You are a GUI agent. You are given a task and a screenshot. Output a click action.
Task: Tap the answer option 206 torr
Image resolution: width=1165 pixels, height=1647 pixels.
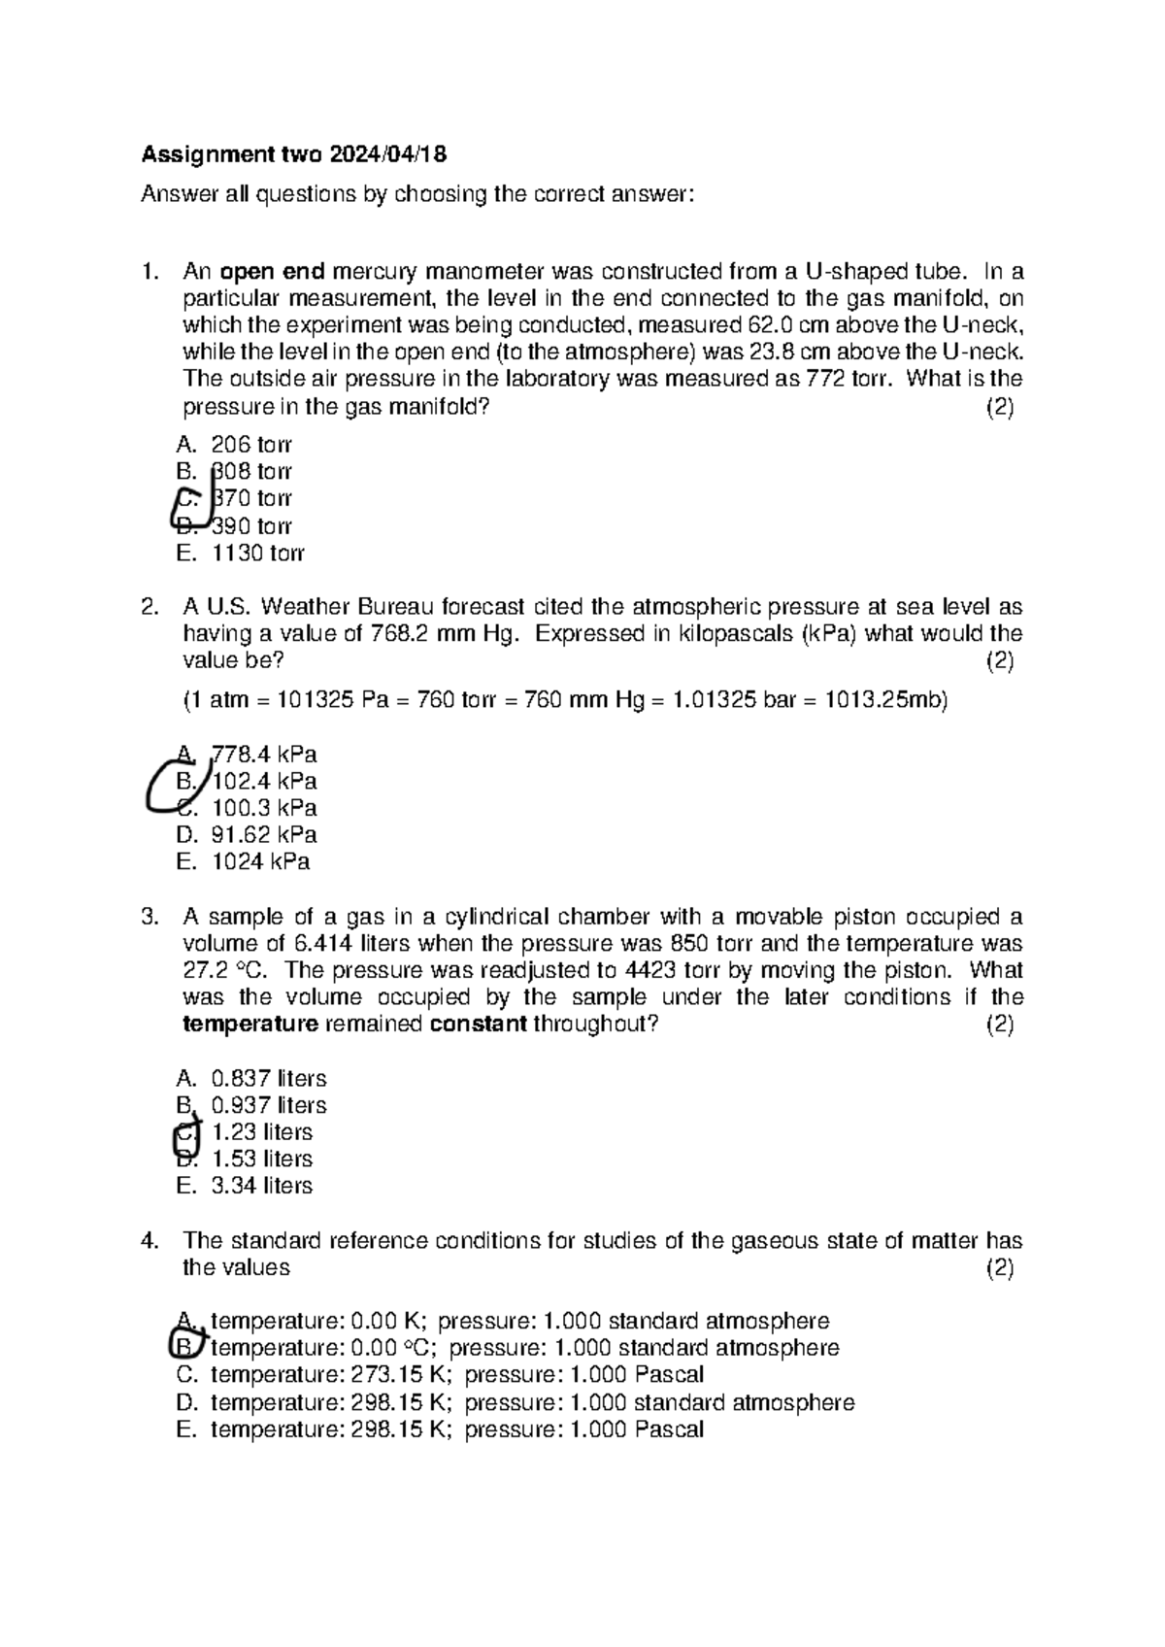250,445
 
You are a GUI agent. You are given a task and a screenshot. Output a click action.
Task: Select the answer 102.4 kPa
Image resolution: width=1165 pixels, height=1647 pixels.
264,781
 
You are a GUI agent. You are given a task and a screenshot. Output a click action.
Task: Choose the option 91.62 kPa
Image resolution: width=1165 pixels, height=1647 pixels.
264,834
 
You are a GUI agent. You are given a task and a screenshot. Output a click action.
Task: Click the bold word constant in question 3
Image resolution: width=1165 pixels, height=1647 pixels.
478,1025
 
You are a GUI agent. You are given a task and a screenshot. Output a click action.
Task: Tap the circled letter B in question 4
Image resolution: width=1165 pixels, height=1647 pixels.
184,1347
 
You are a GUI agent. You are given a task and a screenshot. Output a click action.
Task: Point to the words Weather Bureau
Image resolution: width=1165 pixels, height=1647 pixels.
346,608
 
